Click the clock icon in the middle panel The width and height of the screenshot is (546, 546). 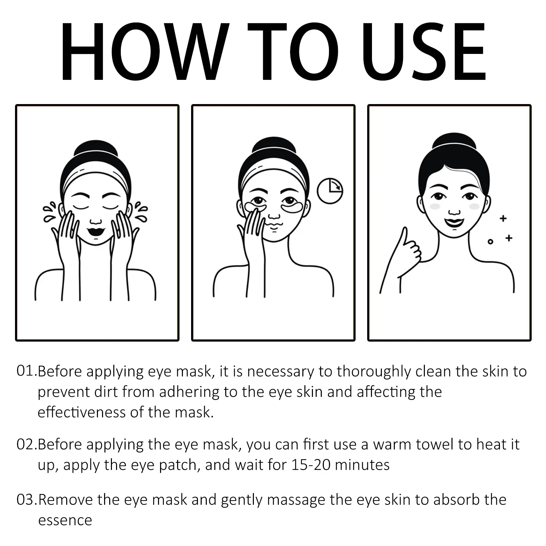point(330,191)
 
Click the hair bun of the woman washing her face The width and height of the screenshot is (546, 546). point(96,149)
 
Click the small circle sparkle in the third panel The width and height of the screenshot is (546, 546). point(490,242)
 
